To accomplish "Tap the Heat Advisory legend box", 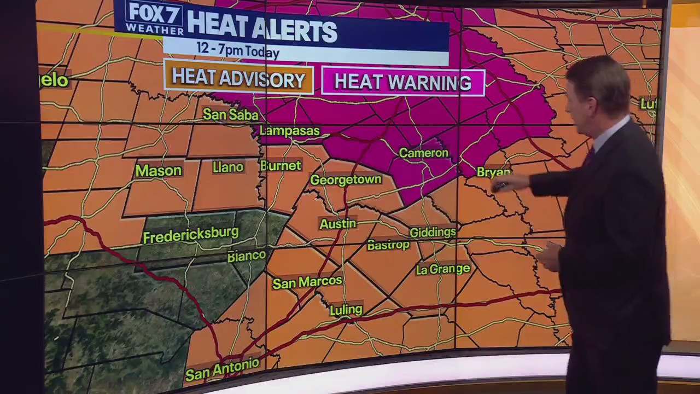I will [x=238, y=79].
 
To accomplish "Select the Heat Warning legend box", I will [x=403, y=82].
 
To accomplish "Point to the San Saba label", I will [x=230, y=114].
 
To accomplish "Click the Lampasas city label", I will [x=289, y=131].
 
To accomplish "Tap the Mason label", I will [x=158, y=171].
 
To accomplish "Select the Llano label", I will [x=228, y=167].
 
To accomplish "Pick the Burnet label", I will [x=281, y=165].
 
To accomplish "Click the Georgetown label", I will [x=346, y=179].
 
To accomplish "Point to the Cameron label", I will [x=424, y=153].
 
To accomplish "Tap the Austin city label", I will [x=338, y=223].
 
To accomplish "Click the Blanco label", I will [x=246, y=256].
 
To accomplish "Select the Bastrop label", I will [x=388, y=245].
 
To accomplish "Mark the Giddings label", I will [x=433, y=232].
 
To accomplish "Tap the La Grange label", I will [x=443, y=269].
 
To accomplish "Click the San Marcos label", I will [x=307, y=282].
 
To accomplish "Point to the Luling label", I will [x=346, y=310].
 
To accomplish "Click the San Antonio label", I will [x=222, y=370].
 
